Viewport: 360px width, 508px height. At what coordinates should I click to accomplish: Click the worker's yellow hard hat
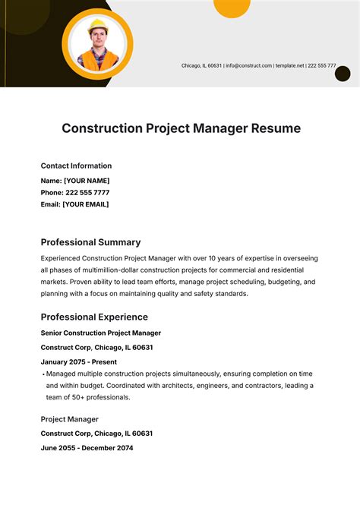click(x=97, y=27)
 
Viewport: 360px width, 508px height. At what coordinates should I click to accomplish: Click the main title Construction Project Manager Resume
click(x=181, y=128)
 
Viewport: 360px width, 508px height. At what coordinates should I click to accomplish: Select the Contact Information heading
click(x=76, y=166)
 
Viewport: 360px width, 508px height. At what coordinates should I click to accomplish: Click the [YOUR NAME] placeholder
click(x=87, y=181)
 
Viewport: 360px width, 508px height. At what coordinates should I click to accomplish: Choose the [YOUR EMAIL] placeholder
click(x=86, y=204)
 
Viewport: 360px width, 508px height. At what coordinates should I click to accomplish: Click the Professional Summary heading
click(x=90, y=242)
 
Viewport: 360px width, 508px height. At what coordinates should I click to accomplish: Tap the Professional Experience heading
click(x=94, y=317)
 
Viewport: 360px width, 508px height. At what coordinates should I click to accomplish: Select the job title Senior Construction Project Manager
click(x=100, y=333)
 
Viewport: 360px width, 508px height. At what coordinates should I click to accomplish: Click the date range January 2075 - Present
click(x=79, y=361)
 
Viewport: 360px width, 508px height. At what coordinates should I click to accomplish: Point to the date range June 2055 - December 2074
click(x=87, y=448)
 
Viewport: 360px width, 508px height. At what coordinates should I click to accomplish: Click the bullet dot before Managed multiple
click(x=43, y=374)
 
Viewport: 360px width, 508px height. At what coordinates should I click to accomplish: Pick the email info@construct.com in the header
click(x=248, y=66)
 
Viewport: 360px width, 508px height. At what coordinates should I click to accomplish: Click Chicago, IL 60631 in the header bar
click(x=201, y=66)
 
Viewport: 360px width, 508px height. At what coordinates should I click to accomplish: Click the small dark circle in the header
click(x=343, y=74)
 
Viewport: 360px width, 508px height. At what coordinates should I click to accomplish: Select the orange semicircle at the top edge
click(x=232, y=7)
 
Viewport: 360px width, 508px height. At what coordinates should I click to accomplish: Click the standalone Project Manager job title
click(x=69, y=419)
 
